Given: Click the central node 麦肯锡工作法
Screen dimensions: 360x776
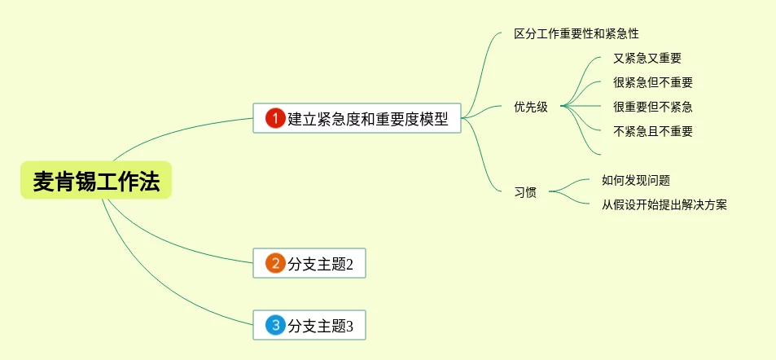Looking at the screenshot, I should pos(96,181).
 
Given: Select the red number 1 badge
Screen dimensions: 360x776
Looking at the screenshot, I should pos(275,118).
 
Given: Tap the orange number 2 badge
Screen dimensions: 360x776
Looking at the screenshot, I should pos(275,263).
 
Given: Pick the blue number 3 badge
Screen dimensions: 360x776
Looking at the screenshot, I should pos(275,326).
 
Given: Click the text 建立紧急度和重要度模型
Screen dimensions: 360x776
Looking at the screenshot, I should pos(368,119).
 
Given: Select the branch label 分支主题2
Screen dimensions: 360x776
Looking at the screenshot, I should pos(320,264).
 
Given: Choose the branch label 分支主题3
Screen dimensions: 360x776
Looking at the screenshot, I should pos(320,327).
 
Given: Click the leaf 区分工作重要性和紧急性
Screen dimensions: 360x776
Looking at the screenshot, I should pos(577,34).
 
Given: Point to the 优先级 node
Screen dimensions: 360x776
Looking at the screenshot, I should pos(531,107).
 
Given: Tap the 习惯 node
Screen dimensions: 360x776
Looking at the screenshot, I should pos(525,193).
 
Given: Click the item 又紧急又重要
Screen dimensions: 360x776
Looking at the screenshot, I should pos(647,59).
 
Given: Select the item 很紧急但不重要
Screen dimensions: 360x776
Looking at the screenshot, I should pos(653,82).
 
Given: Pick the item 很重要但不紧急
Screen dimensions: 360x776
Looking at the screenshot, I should pos(653,107).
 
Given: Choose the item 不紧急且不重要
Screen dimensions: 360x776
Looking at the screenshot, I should pos(653,131).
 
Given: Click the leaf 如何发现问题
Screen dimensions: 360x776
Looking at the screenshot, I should pos(636,181).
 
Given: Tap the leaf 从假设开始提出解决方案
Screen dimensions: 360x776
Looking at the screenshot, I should pos(664,205).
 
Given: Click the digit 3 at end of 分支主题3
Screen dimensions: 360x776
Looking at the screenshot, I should pos(350,327).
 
